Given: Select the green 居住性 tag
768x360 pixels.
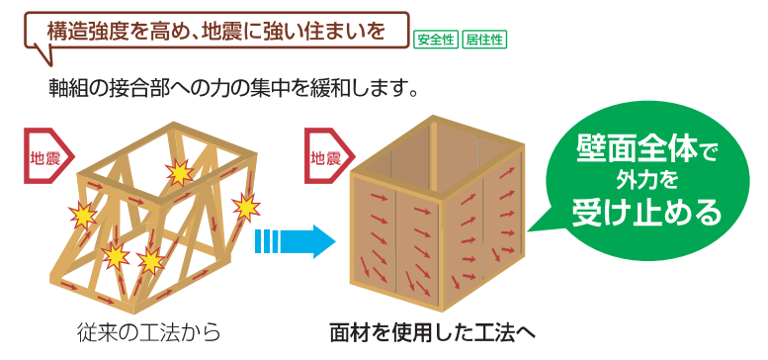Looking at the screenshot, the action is click(482, 41).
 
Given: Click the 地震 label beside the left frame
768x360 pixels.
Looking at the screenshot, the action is click(44, 156).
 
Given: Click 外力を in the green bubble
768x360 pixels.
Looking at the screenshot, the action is click(646, 181).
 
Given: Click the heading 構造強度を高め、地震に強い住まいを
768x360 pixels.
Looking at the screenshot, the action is click(215, 31).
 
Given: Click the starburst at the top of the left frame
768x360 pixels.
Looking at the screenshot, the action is click(180, 173).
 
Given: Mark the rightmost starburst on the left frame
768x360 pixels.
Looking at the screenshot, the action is click(244, 207).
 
